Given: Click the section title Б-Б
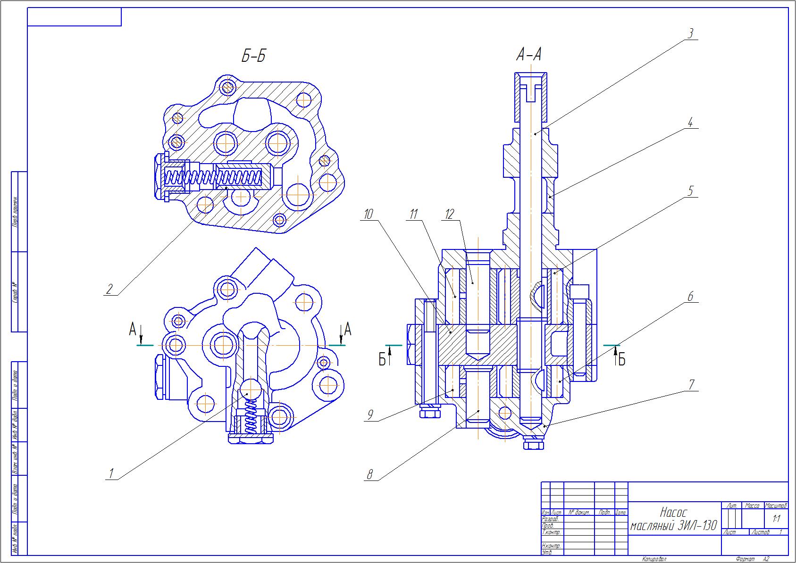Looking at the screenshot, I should click(253, 57).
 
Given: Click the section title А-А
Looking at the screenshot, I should click(528, 55).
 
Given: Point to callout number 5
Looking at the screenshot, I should click(690, 191).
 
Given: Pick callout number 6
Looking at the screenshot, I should click(690, 297).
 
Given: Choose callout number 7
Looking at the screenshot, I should click(691, 384).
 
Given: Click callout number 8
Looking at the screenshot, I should click(370, 475).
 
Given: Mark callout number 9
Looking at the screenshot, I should click(370, 415).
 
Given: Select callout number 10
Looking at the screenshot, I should click(368, 215).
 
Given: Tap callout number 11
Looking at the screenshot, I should click(413, 215).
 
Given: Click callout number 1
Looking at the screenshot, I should click(111, 473).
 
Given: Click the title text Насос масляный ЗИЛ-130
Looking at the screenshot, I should click(673, 519).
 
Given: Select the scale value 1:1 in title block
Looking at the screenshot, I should click(776, 519).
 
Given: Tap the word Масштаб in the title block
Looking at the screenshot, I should click(776, 505).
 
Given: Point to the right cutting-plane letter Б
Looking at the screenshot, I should click(622, 360).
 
